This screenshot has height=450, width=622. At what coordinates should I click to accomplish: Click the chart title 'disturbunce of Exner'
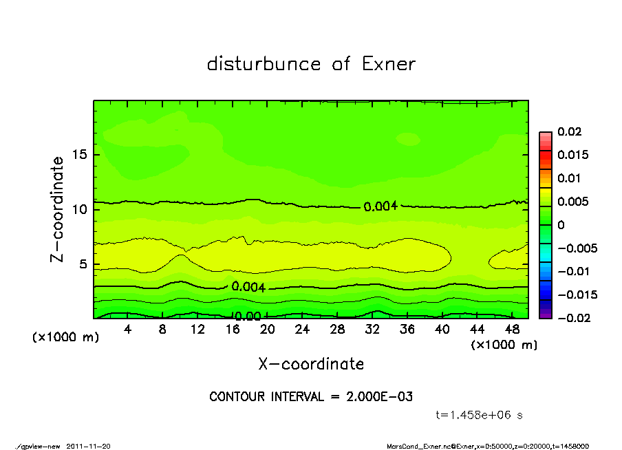[x=311, y=64]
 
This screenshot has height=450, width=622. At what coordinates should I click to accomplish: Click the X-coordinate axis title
[x=311, y=364]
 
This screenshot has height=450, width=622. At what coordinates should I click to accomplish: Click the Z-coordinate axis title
[x=57, y=209]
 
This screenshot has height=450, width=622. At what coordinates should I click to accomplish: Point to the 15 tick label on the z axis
[x=79, y=154]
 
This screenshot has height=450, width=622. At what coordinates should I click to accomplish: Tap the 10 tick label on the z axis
[x=79, y=208]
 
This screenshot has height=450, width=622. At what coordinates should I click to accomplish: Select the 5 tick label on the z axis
[x=83, y=264]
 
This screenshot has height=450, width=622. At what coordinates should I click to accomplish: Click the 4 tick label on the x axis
[x=127, y=330]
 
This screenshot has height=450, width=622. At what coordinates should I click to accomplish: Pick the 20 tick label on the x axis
[x=267, y=330]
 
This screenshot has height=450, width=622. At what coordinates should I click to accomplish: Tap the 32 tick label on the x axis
[x=372, y=330]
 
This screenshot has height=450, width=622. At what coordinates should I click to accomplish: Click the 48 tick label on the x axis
[x=512, y=330]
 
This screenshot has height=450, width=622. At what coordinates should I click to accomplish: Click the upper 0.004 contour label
[x=380, y=206]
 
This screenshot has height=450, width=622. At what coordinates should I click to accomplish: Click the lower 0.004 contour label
[x=248, y=286]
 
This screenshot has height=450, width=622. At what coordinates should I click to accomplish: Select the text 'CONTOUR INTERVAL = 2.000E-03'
[x=311, y=397]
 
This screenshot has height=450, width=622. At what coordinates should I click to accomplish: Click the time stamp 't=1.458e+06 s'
[x=481, y=415]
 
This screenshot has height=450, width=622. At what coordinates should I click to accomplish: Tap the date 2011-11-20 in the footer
[x=89, y=446]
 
